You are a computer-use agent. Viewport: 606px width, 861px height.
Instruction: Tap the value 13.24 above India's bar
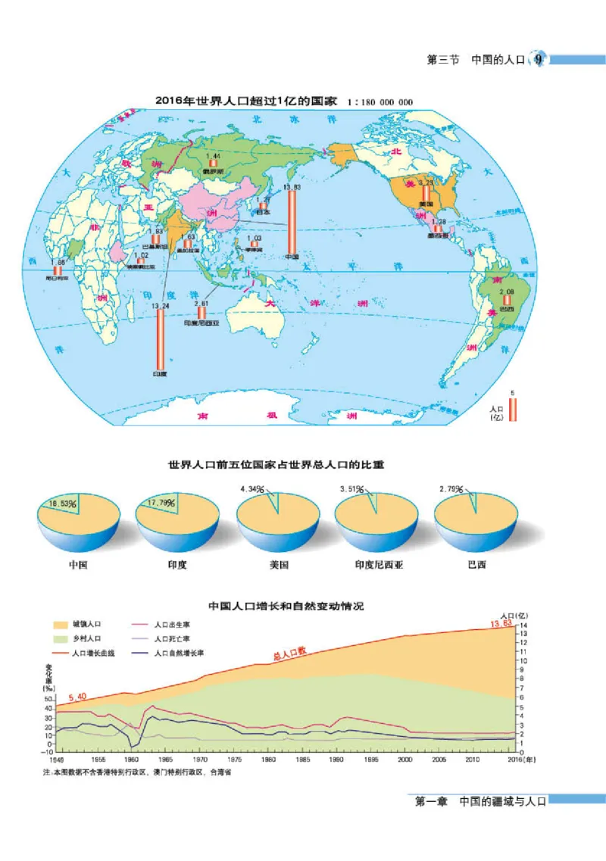pos(159,305)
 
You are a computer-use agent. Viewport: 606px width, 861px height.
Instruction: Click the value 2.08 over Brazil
pos(507,292)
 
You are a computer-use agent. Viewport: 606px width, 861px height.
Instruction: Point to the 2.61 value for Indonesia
pos(201,303)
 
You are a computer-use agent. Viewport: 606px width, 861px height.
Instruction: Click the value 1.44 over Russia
pos(214,155)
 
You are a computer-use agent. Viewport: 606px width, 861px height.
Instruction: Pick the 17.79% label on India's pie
pos(161,503)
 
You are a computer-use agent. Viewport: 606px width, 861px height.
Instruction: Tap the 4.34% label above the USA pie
pos(252,488)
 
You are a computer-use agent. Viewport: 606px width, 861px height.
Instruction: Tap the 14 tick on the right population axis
pos(522,625)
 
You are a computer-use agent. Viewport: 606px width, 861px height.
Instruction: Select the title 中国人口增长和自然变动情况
pos(286,606)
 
